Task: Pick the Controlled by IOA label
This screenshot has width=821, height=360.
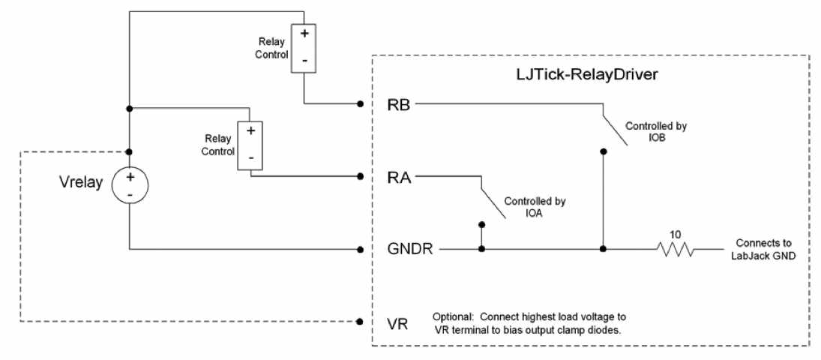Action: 535,207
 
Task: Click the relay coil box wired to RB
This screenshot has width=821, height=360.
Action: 304,48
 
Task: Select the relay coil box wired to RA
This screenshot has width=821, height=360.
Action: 250,145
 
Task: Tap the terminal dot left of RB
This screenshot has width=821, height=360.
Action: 361,103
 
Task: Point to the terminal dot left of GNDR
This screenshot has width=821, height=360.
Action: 361,249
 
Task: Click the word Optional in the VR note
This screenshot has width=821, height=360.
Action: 452,316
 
